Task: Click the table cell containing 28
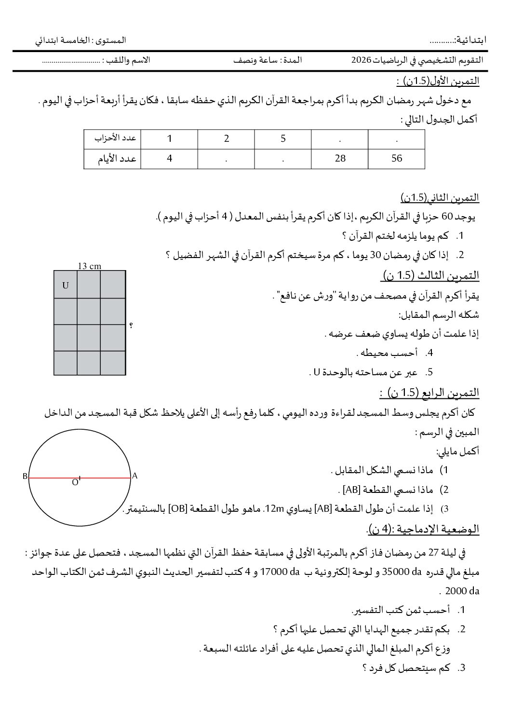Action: (x=340, y=158)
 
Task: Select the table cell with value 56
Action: (x=397, y=158)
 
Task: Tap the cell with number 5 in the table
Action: (x=283, y=139)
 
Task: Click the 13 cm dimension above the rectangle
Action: (x=89, y=266)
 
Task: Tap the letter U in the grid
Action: (x=66, y=285)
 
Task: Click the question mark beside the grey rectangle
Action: (x=131, y=326)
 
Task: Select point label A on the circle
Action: (x=135, y=476)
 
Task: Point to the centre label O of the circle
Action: (x=75, y=482)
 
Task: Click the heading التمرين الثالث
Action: (x=430, y=275)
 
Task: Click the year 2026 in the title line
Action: (x=361, y=60)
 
